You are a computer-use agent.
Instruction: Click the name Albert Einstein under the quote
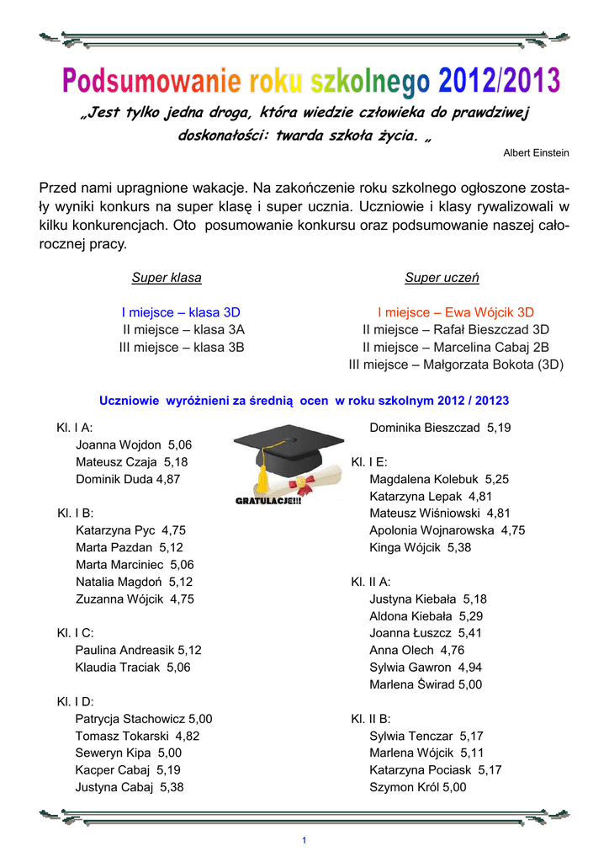coord(536,152)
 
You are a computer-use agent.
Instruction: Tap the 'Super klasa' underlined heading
coord(167,278)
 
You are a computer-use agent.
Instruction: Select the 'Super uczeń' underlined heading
coord(442,278)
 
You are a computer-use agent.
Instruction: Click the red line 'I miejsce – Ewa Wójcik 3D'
coord(456,312)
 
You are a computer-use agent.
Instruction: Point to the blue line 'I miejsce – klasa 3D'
coord(181,312)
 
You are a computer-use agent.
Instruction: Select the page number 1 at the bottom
coord(304,841)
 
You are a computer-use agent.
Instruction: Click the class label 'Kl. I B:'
coord(75,513)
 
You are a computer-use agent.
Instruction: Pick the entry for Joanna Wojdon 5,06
coord(134,444)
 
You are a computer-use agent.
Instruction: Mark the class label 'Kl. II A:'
coord(371,582)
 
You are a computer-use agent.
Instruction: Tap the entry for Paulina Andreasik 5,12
coord(139,650)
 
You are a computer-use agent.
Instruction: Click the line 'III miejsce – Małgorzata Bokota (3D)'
coord(456,364)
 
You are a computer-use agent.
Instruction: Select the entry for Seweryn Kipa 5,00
coord(129,753)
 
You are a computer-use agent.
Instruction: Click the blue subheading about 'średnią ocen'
coord(304,401)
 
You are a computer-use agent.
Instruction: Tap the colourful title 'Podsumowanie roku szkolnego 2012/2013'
coord(311,82)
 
